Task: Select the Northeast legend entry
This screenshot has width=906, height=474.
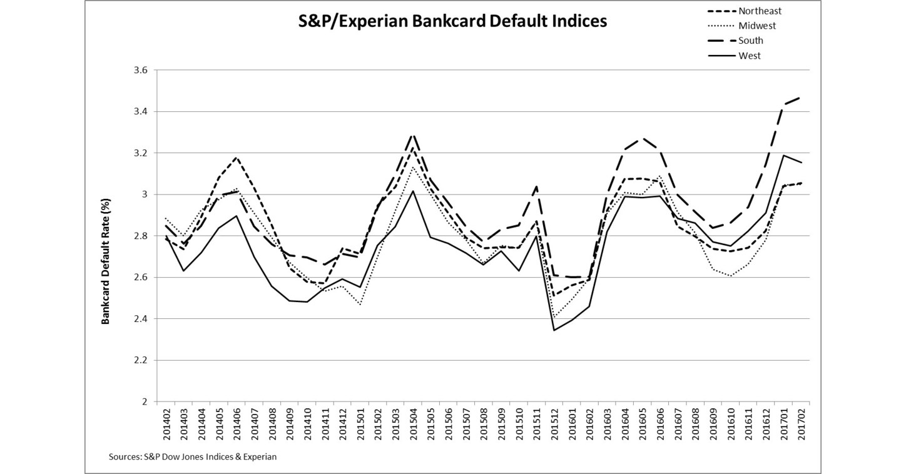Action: point(758,11)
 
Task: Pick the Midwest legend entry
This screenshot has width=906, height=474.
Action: point(757,26)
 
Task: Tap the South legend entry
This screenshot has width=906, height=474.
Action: point(751,41)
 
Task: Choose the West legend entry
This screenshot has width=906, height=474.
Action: point(750,56)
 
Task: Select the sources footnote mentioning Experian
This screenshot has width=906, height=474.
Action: point(193,457)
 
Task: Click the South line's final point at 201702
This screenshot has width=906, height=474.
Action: point(801,98)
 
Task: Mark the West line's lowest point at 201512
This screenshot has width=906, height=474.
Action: point(554,330)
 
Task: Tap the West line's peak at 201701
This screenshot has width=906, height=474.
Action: point(783,155)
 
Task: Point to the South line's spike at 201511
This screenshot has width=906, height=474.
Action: point(536,186)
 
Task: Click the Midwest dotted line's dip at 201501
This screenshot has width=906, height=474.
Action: point(360,305)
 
